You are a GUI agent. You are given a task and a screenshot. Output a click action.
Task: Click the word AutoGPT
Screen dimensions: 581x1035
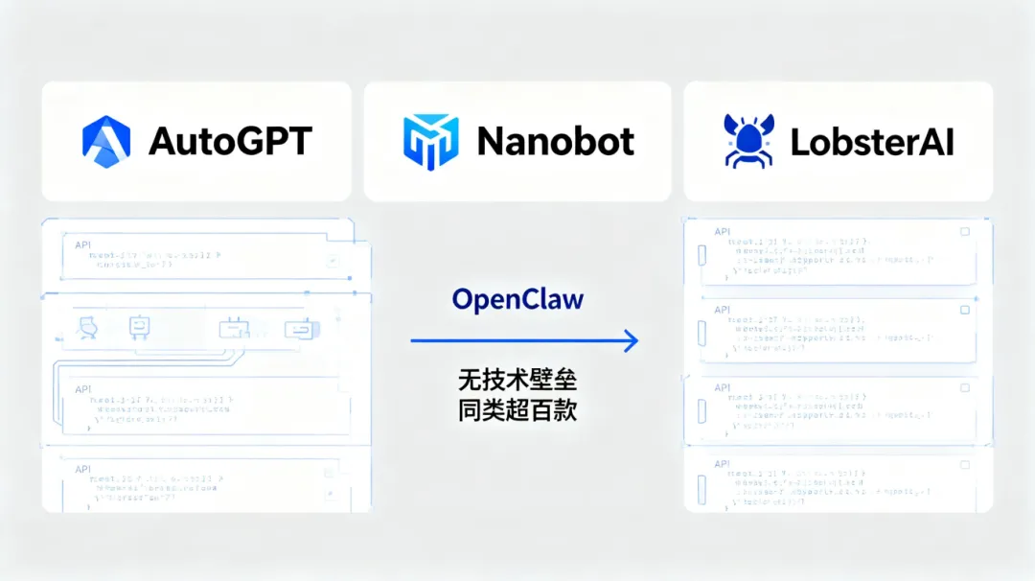point(230,142)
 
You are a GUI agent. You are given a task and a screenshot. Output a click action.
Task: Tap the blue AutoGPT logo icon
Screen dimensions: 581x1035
point(106,141)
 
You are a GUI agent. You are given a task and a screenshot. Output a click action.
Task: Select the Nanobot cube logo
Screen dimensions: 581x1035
point(428,141)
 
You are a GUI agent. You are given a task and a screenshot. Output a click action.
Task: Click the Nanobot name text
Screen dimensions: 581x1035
point(556,142)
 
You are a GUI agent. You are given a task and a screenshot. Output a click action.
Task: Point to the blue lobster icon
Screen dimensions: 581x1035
point(748,141)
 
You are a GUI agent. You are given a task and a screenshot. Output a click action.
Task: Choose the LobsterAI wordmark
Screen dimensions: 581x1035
point(872,142)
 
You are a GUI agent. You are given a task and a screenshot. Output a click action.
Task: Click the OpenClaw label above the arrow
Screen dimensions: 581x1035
point(517,299)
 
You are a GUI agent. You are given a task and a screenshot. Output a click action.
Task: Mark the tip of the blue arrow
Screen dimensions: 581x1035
point(635,340)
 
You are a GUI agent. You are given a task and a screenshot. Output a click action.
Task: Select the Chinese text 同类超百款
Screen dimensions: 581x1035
point(517,410)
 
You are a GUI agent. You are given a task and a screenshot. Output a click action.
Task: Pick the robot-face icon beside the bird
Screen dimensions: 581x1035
point(140,328)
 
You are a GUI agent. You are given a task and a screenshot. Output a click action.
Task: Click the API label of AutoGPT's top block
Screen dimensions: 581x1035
point(83,244)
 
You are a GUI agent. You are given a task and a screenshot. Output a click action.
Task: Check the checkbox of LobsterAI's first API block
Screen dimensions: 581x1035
point(965,232)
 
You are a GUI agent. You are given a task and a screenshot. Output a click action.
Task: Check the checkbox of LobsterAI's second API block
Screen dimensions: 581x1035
point(965,310)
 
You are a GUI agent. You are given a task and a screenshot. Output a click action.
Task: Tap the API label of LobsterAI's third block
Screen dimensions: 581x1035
point(723,387)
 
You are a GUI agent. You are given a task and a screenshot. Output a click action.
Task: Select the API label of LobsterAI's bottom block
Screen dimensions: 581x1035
point(723,464)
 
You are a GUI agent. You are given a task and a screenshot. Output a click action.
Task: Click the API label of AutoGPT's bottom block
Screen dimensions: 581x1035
point(83,469)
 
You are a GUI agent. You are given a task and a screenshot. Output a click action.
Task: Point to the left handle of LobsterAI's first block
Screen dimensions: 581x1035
point(701,255)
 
